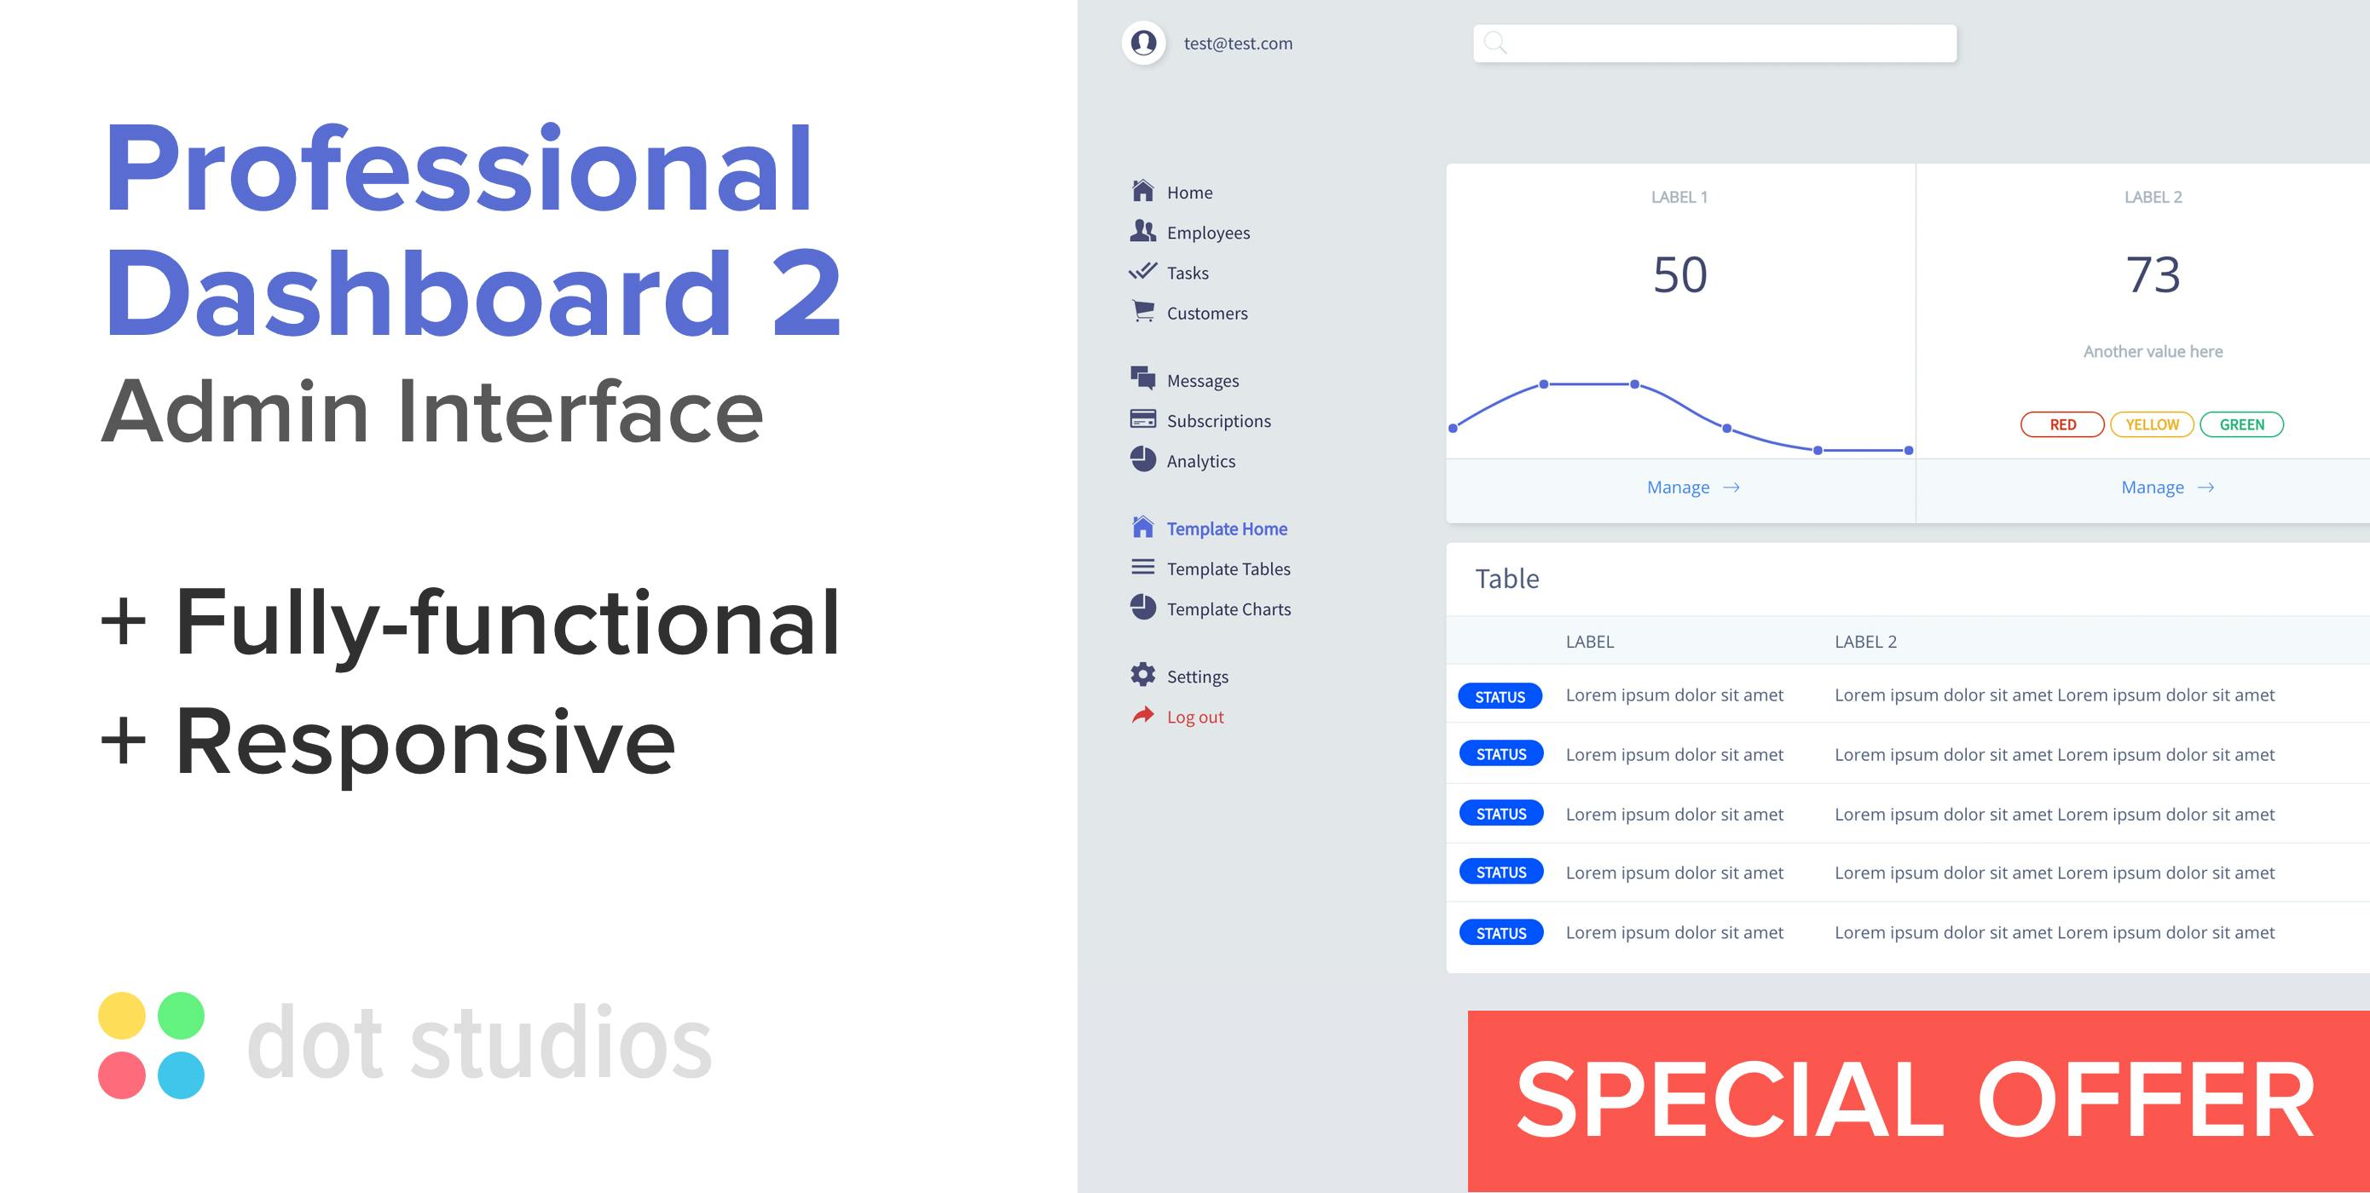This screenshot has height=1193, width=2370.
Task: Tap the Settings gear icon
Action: coord(1142,674)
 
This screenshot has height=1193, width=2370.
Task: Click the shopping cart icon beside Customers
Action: coord(1142,311)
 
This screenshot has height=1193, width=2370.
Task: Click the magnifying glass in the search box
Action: coord(1495,43)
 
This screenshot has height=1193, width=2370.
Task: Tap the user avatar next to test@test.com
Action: coord(1143,43)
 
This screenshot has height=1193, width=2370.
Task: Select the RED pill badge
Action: coord(2061,424)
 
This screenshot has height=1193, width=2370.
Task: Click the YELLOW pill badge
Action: coord(2152,424)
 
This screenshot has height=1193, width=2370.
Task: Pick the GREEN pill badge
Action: coord(2241,424)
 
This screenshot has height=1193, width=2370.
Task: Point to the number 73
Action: coord(2153,274)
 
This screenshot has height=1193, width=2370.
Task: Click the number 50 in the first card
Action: coord(1680,274)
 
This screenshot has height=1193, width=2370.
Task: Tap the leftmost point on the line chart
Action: coord(1453,428)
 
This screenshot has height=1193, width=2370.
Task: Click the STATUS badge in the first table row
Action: coord(1500,696)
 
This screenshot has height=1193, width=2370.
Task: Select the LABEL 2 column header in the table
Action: coord(1865,641)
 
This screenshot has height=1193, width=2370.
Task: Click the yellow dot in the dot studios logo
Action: coord(121,1016)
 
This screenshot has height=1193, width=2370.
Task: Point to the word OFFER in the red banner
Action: coord(2146,1099)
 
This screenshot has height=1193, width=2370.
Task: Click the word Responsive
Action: coord(425,742)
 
